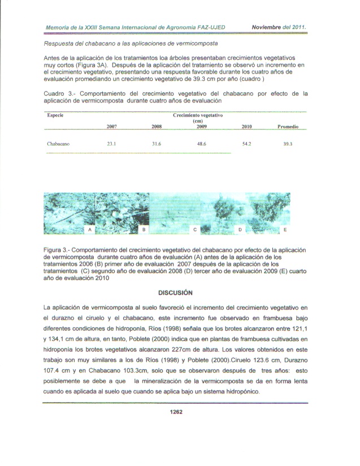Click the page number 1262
[x=179, y=412]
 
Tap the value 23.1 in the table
[x=111, y=144]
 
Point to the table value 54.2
[x=246, y=144]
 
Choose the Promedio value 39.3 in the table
[x=288, y=144]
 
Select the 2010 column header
[x=246, y=127]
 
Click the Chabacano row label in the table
[x=58, y=144]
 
